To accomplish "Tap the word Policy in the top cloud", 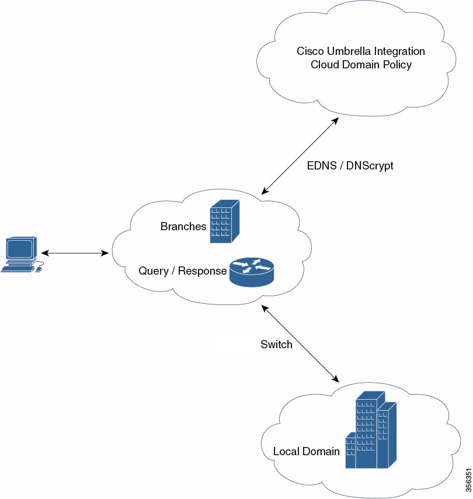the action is (x=397, y=65).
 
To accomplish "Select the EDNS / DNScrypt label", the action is (x=350, y=166).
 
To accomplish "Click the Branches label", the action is (x=183, y=226).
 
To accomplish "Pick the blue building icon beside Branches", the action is (x=225, y=221).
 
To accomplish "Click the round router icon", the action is (x=252, y=272).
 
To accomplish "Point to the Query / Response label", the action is (x=183, y=271).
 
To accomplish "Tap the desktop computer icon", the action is (x=22, y=255).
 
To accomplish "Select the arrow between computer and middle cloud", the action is (x=75, y=253).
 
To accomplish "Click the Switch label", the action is (x=276, y=344).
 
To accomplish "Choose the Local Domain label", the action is (x=307, y=451).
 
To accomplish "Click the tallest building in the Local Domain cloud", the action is (x=367, y=429).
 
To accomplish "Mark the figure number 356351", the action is (x=468, y=480).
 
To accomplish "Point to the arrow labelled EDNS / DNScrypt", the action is (x=300, y=156).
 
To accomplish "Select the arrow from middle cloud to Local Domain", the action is (x=300, y=344).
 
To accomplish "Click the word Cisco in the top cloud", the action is (x=310, y=51).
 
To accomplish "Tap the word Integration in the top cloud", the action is (x=399, y=51).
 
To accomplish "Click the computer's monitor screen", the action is (x=19, y=248).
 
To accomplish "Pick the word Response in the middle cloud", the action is (x=202, y=271).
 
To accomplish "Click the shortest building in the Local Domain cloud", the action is (x=350, y=451).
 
